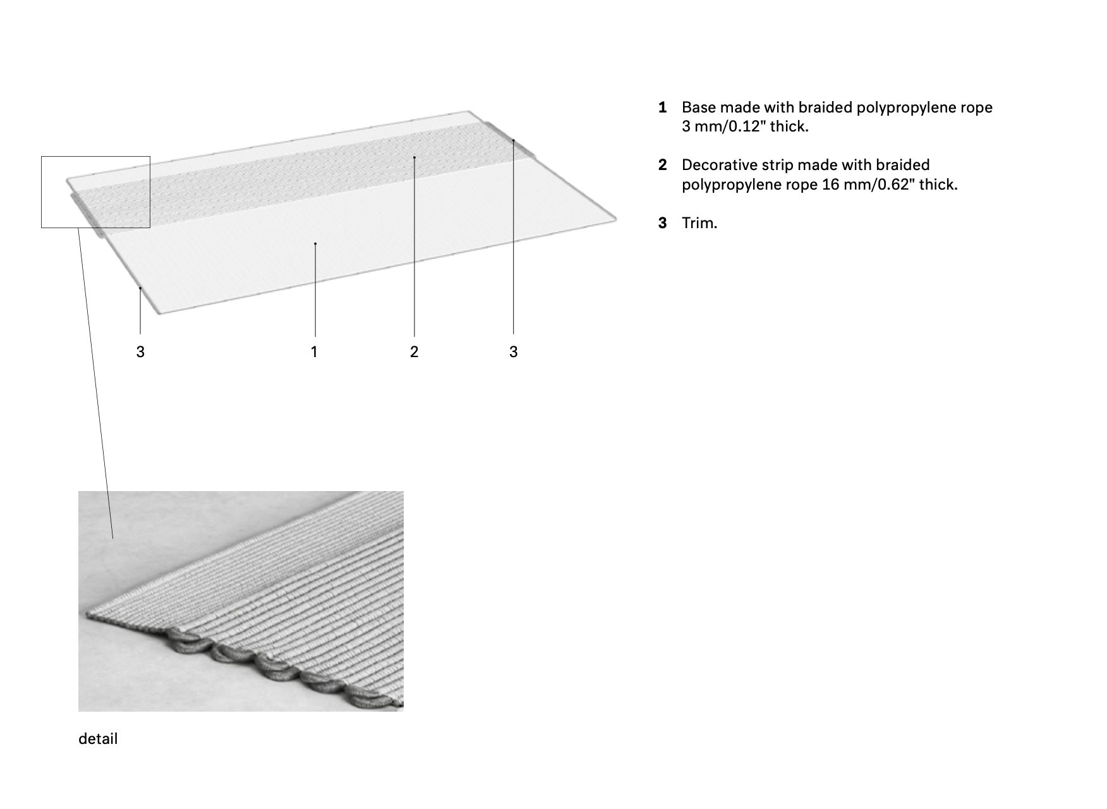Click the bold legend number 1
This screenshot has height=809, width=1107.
[662, 107]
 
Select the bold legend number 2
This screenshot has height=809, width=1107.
[662, 165]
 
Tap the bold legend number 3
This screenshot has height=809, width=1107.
[662, 223]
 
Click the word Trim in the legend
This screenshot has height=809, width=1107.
[698, 223]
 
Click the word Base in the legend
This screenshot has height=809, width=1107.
[698, 107]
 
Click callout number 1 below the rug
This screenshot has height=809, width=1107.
[314, 352]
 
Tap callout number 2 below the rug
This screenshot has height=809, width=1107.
[414, 352]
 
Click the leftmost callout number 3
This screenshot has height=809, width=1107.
[140, 352]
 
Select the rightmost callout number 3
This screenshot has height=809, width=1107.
[513, 352]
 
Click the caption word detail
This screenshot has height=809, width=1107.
[98, 739]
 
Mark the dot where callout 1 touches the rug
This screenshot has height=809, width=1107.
[315, 243]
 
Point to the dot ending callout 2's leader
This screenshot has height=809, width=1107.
[414, 157]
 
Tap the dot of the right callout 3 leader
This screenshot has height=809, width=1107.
[514, 140]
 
